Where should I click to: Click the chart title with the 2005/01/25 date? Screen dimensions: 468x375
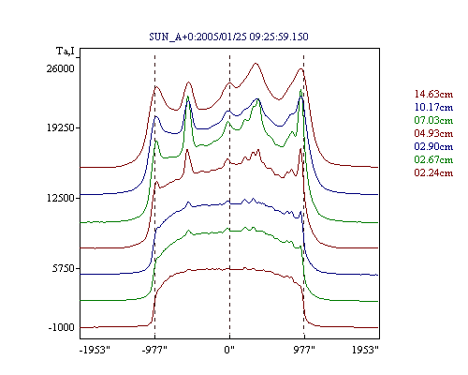[x=228, y=37]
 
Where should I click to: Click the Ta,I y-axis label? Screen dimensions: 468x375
[x=66, y=51]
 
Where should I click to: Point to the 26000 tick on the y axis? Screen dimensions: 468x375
[x=61, y=68]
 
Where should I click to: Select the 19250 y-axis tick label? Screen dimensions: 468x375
[x=61, y=127]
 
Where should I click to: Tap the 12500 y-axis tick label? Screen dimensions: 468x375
[x=61, y=198]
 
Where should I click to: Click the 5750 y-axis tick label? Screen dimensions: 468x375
[x=64, y=268]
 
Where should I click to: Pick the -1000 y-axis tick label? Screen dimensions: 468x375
[x=62, y=327]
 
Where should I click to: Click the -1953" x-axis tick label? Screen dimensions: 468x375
[x=95, y=350]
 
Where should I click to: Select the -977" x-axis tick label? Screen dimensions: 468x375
[x=154, y=350]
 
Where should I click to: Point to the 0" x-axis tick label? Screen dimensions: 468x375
[x=229, y=350]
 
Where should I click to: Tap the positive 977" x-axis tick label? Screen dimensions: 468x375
[x=304, y=350]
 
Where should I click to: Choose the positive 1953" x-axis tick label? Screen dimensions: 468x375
[x=365, y=350]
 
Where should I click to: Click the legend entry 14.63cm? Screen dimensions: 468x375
[x=433, y=94]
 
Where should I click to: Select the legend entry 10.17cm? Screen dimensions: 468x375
[x=433, y=107]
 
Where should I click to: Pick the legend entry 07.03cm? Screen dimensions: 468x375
[x=433, y=120]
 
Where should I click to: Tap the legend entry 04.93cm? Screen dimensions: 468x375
[x=433, y=133]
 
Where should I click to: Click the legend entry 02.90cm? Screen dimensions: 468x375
[x=433, y=146]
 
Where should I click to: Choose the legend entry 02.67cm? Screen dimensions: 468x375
[x=433, y=159]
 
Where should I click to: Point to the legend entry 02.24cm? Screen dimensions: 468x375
[x=433, y=172]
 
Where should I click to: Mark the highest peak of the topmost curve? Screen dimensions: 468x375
[x=256, y=64]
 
